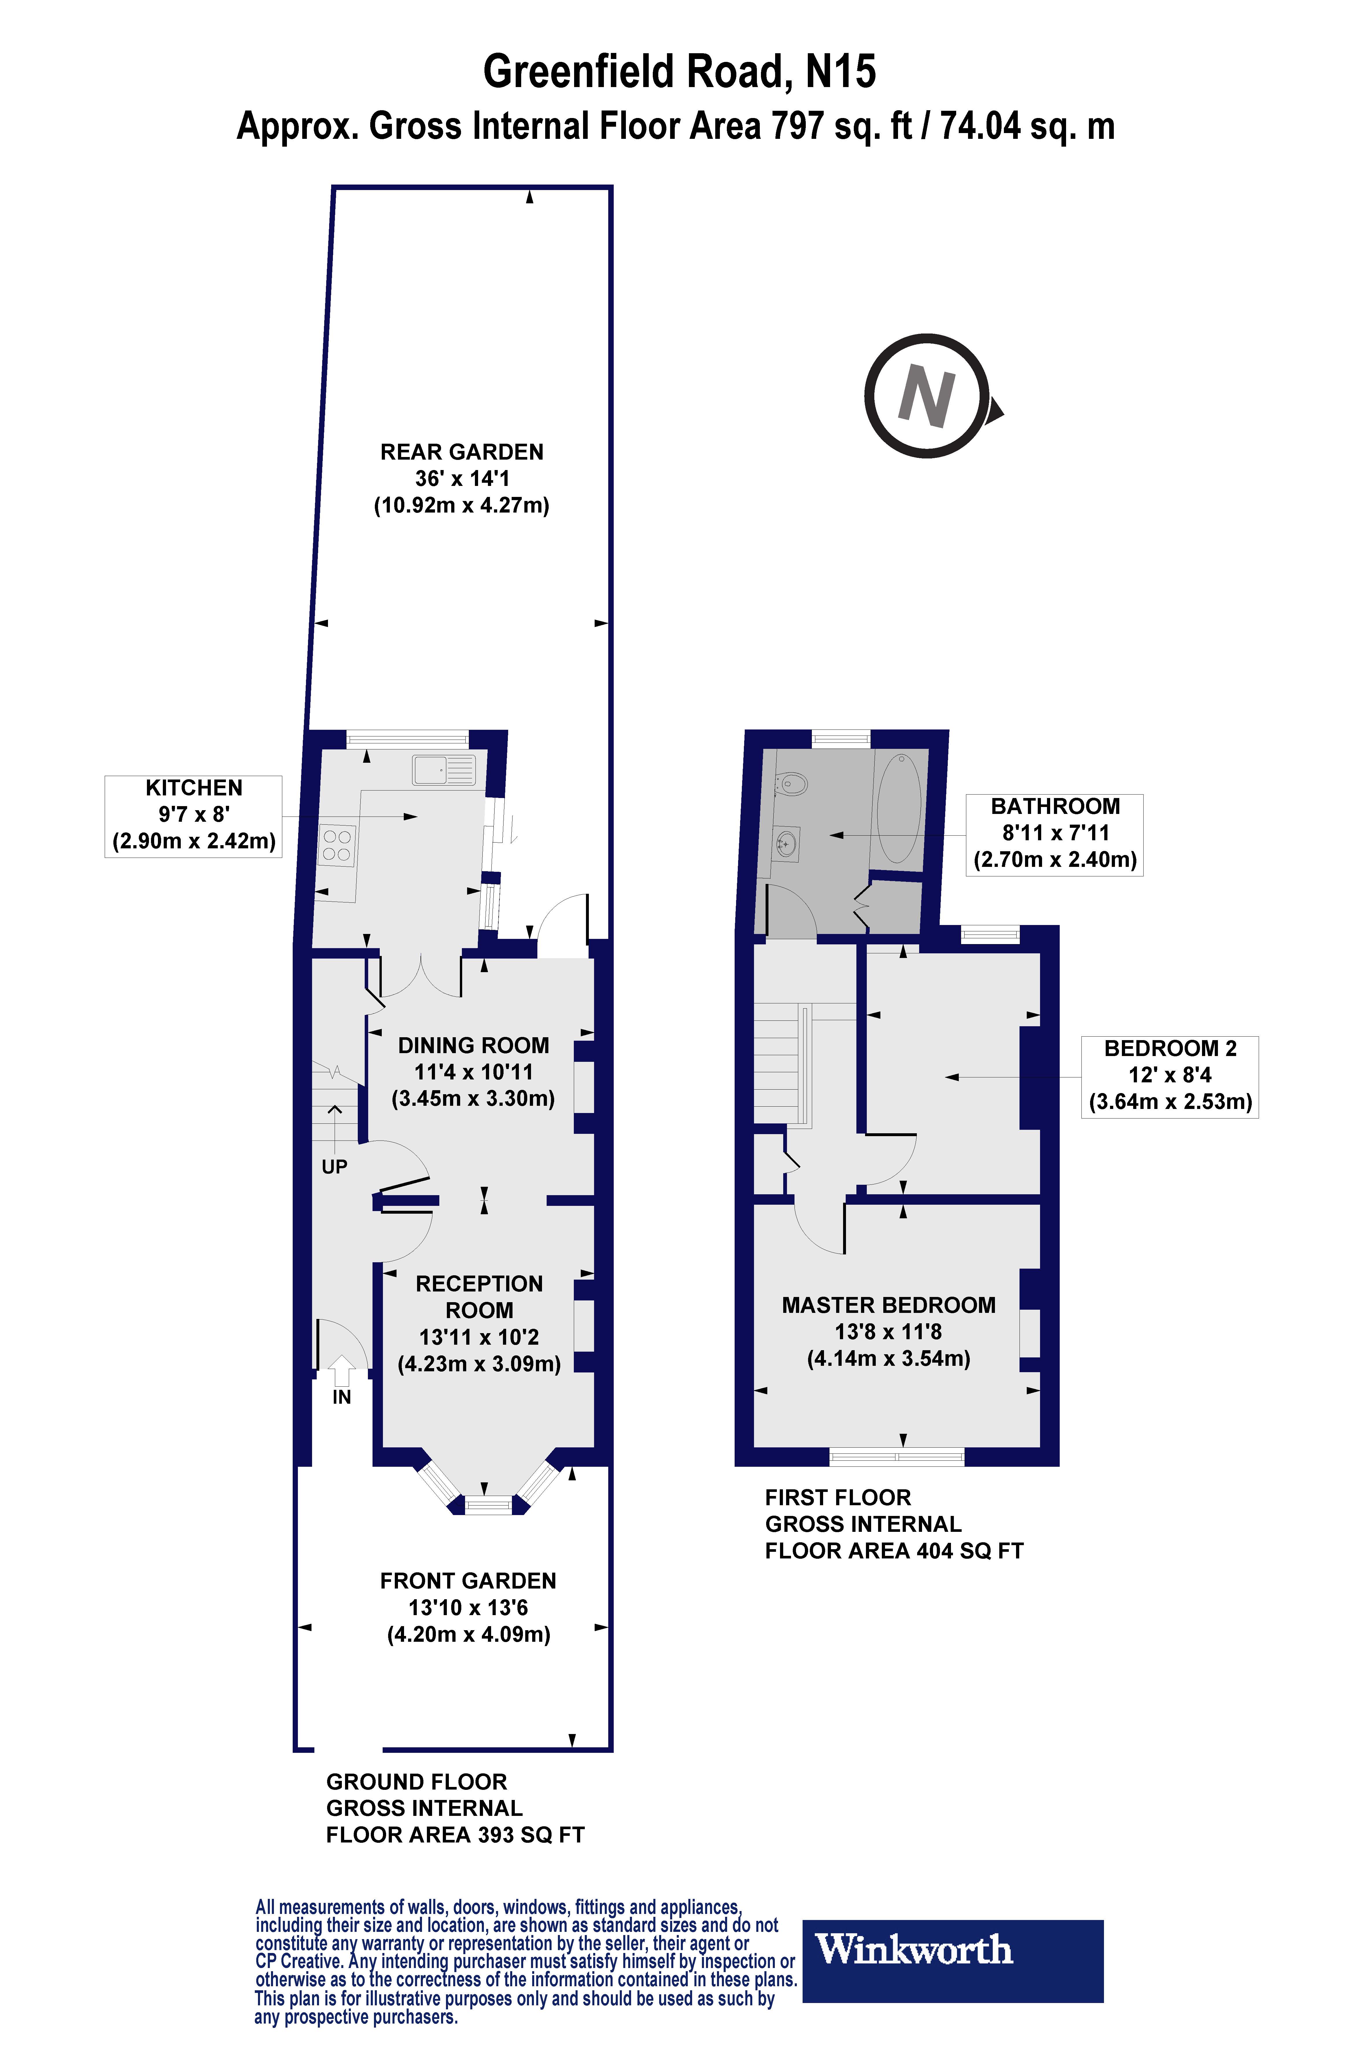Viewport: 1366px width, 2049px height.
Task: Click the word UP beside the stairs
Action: point(335,1167)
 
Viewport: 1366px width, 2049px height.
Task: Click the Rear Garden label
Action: point(462,478)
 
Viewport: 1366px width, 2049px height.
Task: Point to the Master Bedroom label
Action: point(888,1331)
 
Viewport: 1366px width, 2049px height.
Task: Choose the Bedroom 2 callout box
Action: point(1170,1077)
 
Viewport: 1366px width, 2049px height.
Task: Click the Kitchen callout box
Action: point(193,816)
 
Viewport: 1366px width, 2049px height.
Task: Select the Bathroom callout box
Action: point(1055,834)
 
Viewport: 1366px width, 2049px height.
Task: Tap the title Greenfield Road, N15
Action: point(679,72)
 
